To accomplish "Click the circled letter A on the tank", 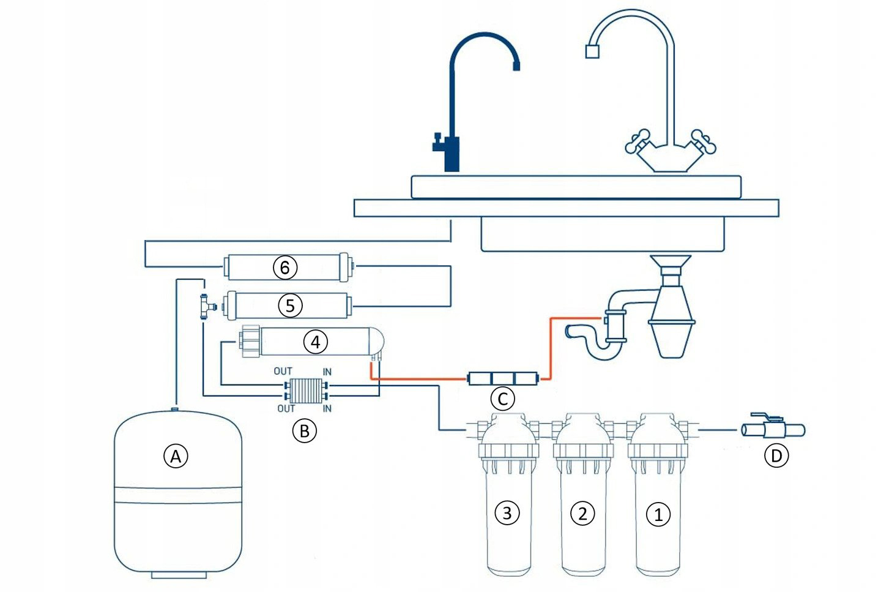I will click(x=176, y=456).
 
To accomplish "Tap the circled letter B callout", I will click(x=304, y=431).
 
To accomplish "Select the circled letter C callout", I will click(x=502, y=399).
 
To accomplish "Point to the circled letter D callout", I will click(x=776, y=455).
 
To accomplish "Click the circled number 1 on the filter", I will click(x=658, y=514).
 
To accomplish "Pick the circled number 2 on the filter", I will click(x=582, y=513).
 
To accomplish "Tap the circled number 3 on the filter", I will click(x=507, y=512).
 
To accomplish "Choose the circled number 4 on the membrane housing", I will click(x=315, y=342).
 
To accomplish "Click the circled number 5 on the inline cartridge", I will click(x=290, y=305).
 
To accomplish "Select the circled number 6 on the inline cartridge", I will click(x=284, y=267).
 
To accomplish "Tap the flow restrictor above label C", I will click(x=502, y=379).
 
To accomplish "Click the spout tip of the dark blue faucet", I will click(x=516, y=66).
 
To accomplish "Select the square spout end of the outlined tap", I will click(x=591, y=51).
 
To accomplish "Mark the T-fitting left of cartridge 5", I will click(x=204, y=305).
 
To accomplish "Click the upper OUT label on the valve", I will click(x=283, y=371).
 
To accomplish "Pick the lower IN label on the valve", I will click(x=327, y=408).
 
